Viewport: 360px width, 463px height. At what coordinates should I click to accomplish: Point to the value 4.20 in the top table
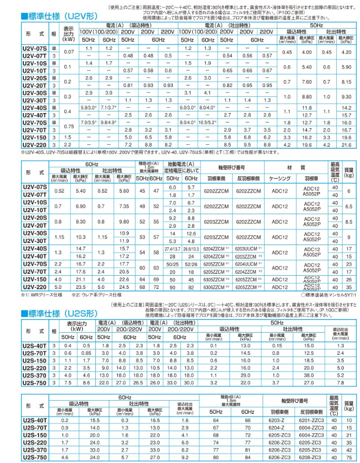pyautogui.click(x=348, y=52)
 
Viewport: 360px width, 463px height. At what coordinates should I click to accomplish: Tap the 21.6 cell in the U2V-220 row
pyautogui.click(x=348, y=144)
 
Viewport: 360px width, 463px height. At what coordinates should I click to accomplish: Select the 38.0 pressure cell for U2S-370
pyautogui.click(x=309, y=374)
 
